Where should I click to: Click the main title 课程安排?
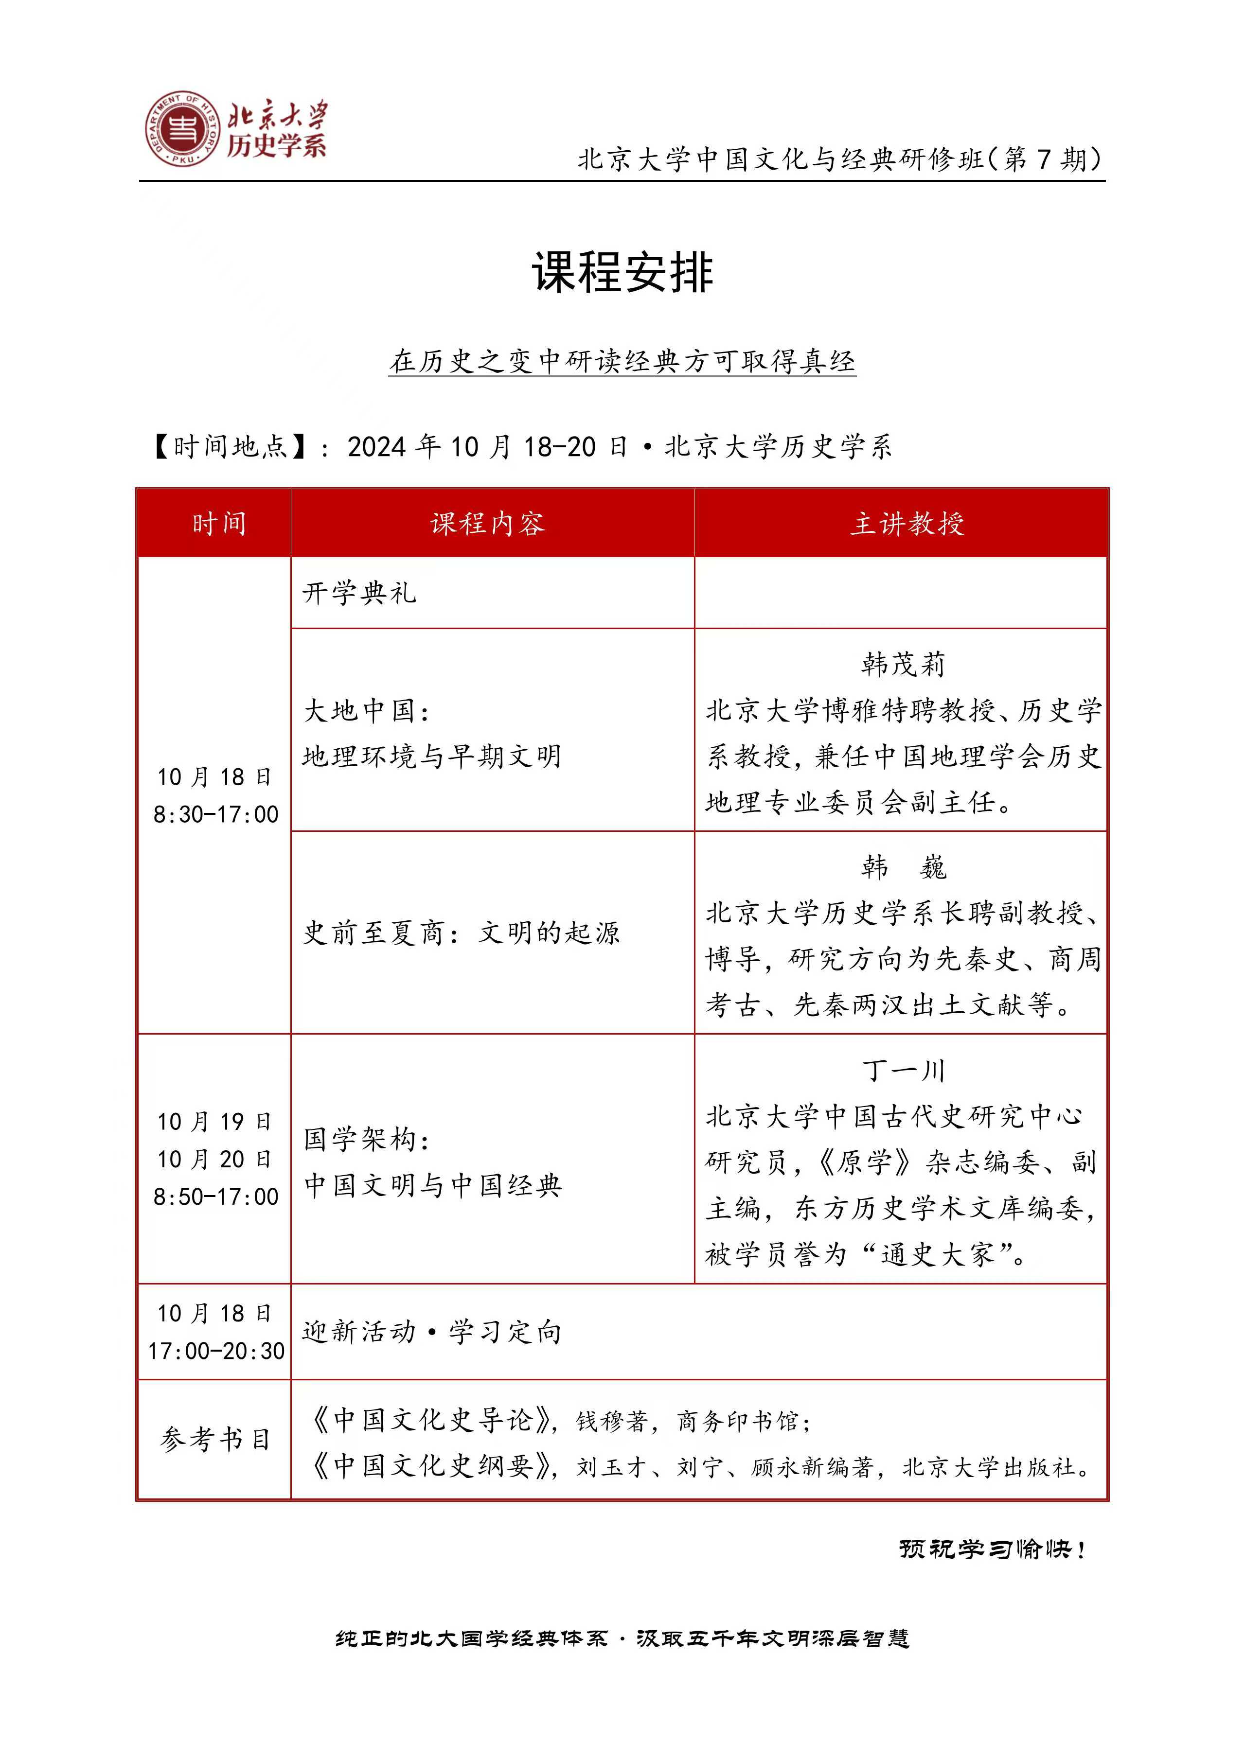pyautogui.click(x=622, y=272)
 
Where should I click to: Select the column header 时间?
pyautogui.click(x=218, y=524)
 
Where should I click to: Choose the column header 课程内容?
pyautogui.click(x=488, y=524)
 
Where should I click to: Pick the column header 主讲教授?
pyautogui.click(x=906, y=524)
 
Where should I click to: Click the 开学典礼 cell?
pyautogui.click(x=359, y=593)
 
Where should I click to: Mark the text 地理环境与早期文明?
pyautogui.click(x=431, y=757)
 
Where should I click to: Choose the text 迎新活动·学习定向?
pyautogui.click(x=431, y=1332)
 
